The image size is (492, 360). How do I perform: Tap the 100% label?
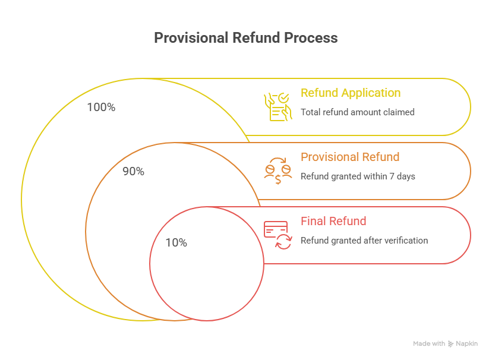(101, 108)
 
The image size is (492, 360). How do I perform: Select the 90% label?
(133, 172)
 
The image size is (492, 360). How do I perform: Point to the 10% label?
(176, 243)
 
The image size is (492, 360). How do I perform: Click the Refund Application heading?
(350, 93)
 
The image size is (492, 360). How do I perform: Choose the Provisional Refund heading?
(350, 157)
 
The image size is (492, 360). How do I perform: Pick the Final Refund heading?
(333, 221)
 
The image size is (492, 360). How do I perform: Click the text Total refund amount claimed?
(357, 112)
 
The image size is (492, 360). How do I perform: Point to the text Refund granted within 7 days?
(358, 176)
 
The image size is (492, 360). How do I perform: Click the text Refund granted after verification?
(364, 240)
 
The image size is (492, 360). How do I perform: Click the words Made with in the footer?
(429, 343)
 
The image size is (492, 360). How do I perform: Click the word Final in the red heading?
(313, 221)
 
